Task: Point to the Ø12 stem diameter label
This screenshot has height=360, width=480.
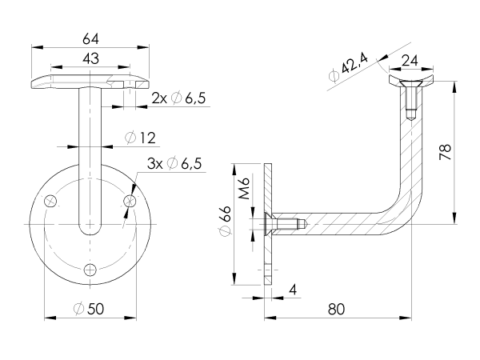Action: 139,138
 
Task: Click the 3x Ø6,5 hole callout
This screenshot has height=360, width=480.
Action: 175,165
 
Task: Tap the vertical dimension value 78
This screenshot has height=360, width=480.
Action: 446,152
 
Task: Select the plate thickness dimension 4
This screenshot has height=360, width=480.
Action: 294,288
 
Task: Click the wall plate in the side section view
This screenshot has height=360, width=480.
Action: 269,224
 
